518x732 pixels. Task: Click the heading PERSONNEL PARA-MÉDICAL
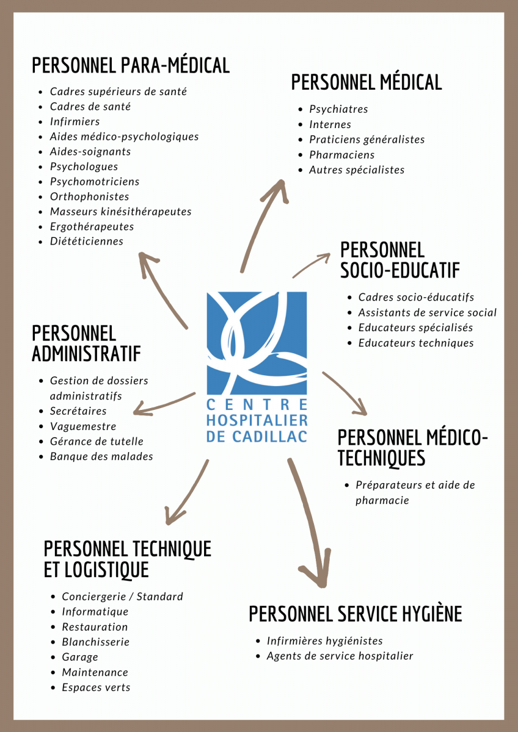pyautogui.click(x=131, y=65)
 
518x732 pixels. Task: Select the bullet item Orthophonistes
pyautogui.click(x=89, y=196)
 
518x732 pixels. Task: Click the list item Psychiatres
pyautogui.click(x=338, y=109)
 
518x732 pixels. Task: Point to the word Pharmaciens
pyautogui.click(x=342, y=154)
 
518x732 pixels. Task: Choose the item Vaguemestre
pyautogui.click(x=83, y=426)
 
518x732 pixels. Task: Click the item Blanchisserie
pyautogui.click(x=96, y=642)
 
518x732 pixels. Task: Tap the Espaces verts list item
pyautogui.click(x=96, y=687)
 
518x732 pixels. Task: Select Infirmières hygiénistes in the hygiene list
pyautogui.click(x=324, y=641)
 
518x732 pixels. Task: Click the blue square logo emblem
pyautogui.click(x=257, y=343)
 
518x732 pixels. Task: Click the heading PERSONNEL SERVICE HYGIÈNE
pyautogui.click(x=356, y=614)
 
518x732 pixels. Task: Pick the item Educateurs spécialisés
pyautogui.click(x=415, y=328)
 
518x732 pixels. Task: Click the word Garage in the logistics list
pyautogui.click(x=80, y=657)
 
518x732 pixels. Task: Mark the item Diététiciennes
pyautogui.click(x=87, y=241)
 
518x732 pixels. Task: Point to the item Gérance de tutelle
pyautogui.click(x=97, y=441)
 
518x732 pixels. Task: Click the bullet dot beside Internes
pyautogui.click(x=301, y=125)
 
